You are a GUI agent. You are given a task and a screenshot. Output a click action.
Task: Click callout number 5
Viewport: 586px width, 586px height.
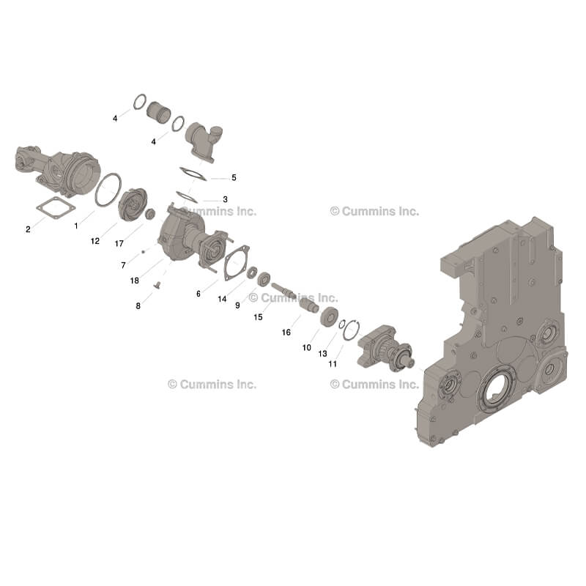point(234,177)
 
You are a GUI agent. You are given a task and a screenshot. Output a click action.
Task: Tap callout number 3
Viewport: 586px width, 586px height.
point(225,199)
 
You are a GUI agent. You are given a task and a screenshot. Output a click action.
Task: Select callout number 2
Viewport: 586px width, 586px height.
point(28,229)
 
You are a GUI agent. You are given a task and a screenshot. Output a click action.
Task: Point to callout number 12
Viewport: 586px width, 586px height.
point(95,241)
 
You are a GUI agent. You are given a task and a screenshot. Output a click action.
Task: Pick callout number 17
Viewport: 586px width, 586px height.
point(119,244)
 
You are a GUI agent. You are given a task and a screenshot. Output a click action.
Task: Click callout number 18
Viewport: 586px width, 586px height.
point(135,281)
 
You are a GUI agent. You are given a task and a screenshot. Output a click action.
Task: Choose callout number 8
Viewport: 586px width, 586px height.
point(138,305)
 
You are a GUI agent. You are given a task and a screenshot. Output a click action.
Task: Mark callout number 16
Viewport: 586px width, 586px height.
point(286,333)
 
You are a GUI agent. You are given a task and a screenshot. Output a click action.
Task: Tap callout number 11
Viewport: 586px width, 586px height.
point(333,363)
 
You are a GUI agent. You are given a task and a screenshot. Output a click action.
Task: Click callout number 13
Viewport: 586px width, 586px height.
point(322,353)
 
